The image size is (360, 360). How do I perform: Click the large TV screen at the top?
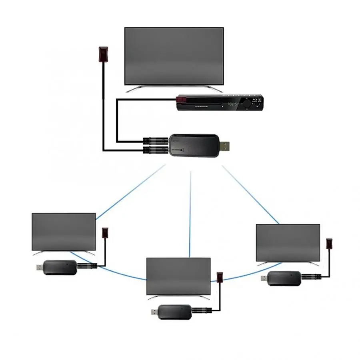pos(174,56)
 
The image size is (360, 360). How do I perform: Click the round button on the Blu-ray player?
pos(247,103)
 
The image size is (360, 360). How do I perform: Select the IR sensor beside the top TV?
pos(103,54)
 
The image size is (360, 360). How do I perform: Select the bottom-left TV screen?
pos(64,232)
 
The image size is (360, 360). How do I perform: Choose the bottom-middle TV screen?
pos(178,276)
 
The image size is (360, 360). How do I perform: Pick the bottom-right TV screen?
pos(288,242)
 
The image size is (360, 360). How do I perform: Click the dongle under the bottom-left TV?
pos(60,267)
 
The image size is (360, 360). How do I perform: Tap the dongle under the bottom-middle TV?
pos(175,312)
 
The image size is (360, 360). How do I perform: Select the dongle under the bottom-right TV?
pos(284,278)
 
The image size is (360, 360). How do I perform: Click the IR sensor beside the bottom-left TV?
pos(106,233)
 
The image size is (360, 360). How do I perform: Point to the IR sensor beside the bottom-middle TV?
pos(220,277)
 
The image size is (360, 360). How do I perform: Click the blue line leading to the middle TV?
pos(190,212)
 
